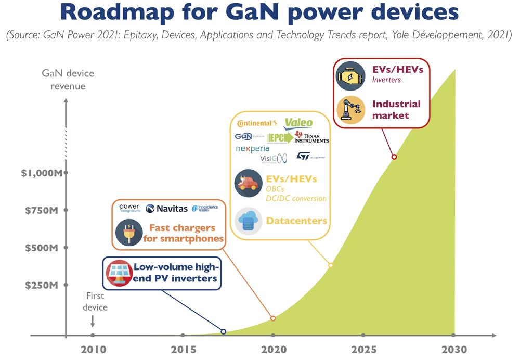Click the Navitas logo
pos(166,208)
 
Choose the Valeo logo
pos(298,123)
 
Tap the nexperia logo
pos(252,149)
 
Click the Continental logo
pos(257,123)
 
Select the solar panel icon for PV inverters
pos(119,273)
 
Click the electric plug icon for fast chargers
pos(129,232)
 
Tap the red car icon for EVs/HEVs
pos(248,184)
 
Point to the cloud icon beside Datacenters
pos(249,221)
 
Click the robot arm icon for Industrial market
pos(350,109)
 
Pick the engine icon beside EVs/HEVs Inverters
pos(350,76)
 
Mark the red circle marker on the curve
pos(394,157)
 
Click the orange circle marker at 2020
pos(273,318)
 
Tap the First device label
pos(95,302)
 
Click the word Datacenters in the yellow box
pos(296,221)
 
